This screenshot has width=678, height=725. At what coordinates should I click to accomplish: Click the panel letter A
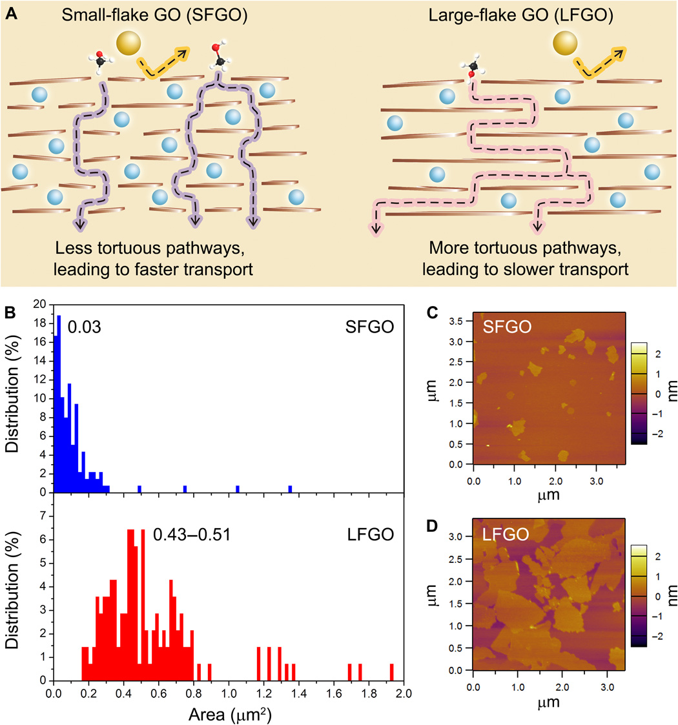[11, 14]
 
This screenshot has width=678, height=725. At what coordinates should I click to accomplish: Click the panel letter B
[10, 311]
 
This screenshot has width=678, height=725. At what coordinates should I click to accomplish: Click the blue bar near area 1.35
[290, 489]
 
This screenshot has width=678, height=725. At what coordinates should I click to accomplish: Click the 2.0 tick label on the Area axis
[404, 694]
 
